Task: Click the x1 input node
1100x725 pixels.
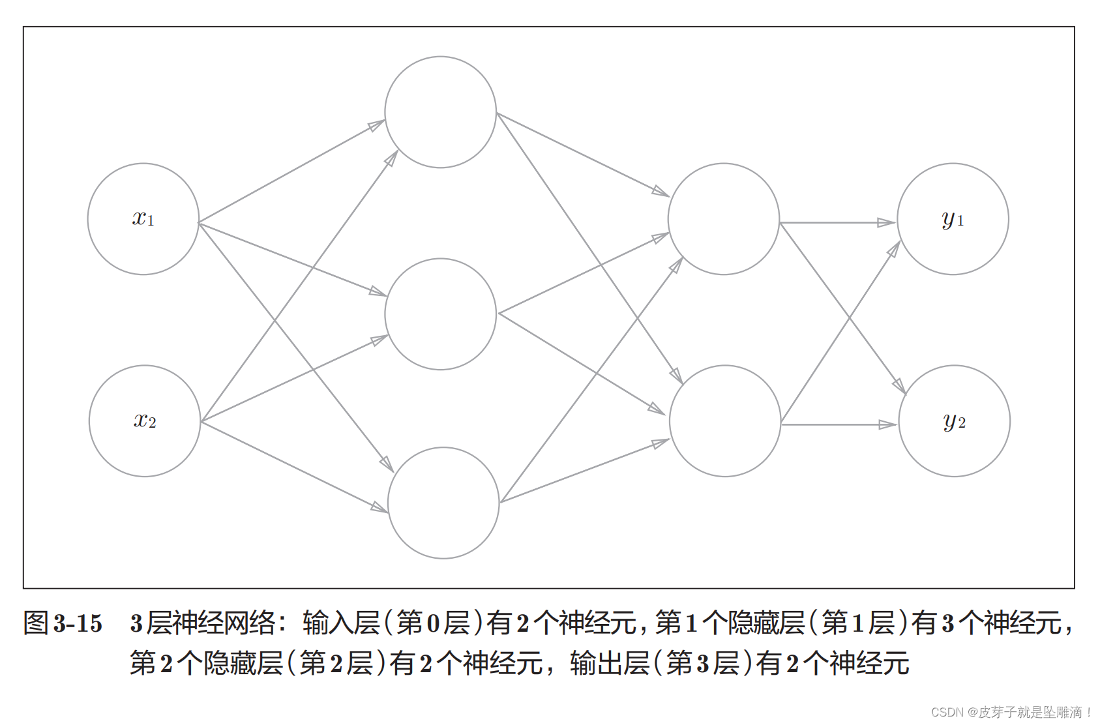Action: point(143,219)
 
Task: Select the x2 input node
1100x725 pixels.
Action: point(145,421)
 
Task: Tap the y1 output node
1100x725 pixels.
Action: point(953,219)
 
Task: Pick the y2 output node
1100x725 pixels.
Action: point(954,421)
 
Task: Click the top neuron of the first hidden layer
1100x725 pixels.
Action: point(440,112)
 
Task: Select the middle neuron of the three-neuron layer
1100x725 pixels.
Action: point(440,314)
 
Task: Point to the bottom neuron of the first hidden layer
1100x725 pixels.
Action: point(443,503)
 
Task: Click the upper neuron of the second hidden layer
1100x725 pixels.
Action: point(724,219)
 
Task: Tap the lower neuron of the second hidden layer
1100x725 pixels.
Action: point(725,421)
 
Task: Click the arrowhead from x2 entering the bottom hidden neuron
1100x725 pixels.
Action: point(379,508)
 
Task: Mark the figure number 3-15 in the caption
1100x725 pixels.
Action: point(78,624)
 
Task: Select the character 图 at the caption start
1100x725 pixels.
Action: point(37,623)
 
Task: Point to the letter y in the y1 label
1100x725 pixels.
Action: point(948,220)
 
